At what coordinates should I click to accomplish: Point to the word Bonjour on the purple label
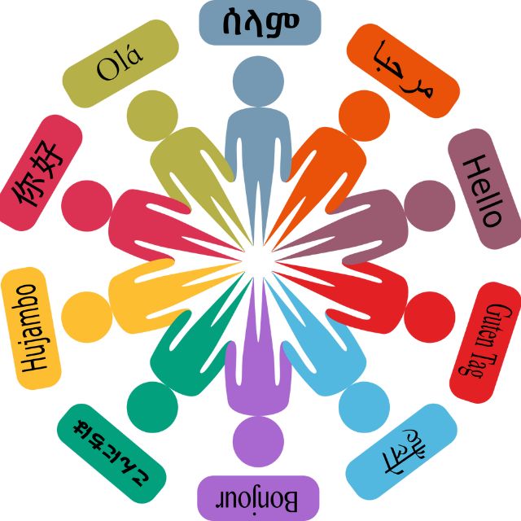(x=257, y=499)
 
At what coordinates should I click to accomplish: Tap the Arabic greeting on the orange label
(x=404, y=70)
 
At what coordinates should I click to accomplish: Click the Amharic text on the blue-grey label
(x=260, y=22)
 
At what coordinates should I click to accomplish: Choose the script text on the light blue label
(x=404, y=451)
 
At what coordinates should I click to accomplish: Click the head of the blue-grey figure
(x=258, y=81)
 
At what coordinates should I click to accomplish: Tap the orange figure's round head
(x=364, y=116)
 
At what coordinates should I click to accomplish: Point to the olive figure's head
(x=152, y=116)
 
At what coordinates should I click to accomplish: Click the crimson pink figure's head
(x=87, y=206)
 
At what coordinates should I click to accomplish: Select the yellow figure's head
(x=87, y=317)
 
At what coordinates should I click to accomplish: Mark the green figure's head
(x=152, y=407)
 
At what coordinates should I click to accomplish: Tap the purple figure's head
(x=258, y=441)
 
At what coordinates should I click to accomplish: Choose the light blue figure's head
(x=364, y=407)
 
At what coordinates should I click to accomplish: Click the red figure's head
(x=430, y=317)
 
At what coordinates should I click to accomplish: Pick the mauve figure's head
(x=430, y=206)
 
